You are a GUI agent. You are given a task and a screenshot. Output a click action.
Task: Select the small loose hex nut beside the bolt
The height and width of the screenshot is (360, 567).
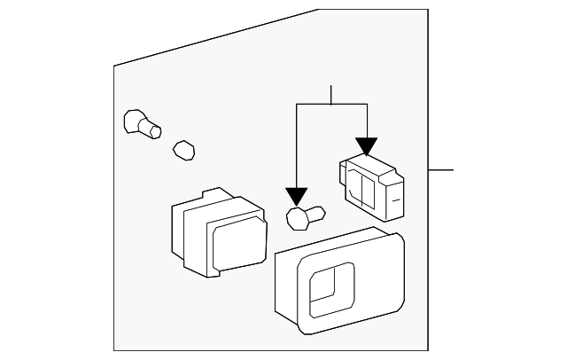click(x=183, y=150)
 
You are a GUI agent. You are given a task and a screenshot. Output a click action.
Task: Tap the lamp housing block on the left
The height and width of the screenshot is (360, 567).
click(x=216, y=233)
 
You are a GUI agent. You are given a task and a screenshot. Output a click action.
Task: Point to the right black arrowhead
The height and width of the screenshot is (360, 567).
click(x=366, y=146)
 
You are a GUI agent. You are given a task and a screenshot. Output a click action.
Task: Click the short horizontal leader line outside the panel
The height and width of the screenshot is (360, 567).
click(x=441, y=168)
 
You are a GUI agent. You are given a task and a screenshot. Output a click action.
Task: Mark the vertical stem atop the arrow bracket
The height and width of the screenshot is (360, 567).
click(x=330, y=94)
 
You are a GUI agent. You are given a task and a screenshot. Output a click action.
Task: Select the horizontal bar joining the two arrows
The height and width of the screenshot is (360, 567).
click(x=331, y=104)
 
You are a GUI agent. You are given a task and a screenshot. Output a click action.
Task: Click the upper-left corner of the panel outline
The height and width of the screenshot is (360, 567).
click(x=114, y=66)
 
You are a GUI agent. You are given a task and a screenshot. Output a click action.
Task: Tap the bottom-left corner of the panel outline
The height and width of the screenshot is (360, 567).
click(x=114, y=350)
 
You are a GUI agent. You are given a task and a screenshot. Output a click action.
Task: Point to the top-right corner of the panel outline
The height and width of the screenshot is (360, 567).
click(x=429, y=10)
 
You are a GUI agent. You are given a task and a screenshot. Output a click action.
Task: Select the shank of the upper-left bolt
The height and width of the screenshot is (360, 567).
click(x=152, y=130)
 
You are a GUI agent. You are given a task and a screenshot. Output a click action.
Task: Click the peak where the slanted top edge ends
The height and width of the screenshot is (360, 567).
click(x=318, y=10)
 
